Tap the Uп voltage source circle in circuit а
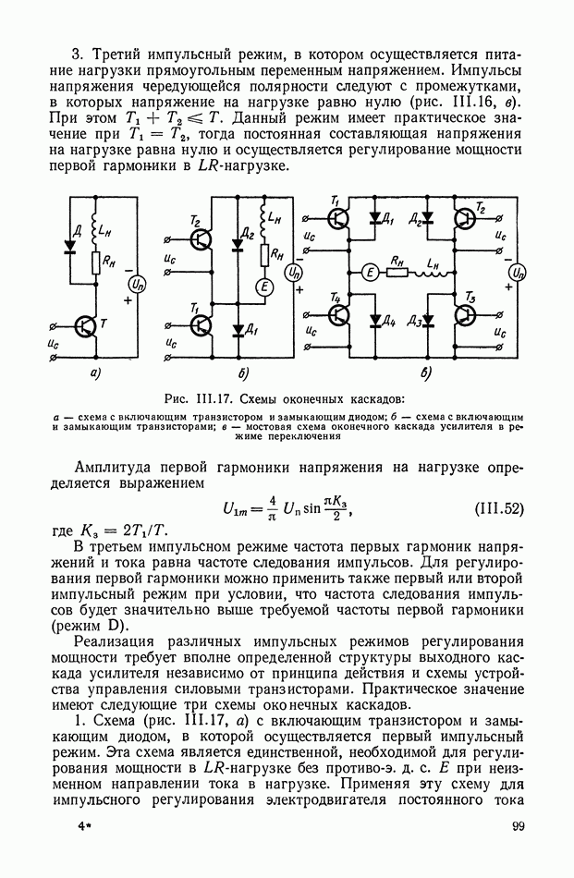[135, 285]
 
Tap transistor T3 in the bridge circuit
[468, 314]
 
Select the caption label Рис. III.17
[196, 399]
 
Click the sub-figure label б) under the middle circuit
[243, 374]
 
